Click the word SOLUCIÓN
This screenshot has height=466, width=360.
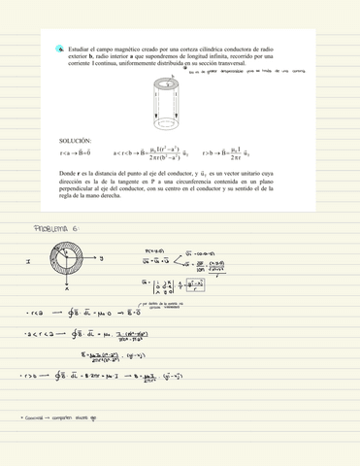76,141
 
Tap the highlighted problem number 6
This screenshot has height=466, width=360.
60,47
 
